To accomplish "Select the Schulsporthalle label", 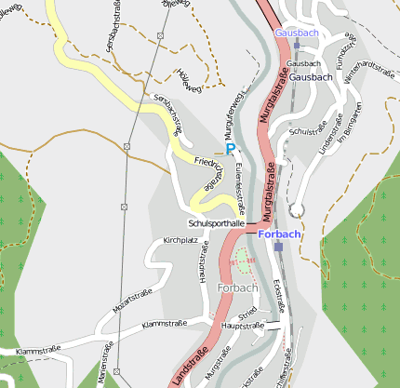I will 216,224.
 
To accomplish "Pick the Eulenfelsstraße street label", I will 240,187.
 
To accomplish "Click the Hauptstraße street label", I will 243,327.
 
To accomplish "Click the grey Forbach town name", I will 237,288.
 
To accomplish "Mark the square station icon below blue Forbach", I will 278,247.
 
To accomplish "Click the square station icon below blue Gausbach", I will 296,44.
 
